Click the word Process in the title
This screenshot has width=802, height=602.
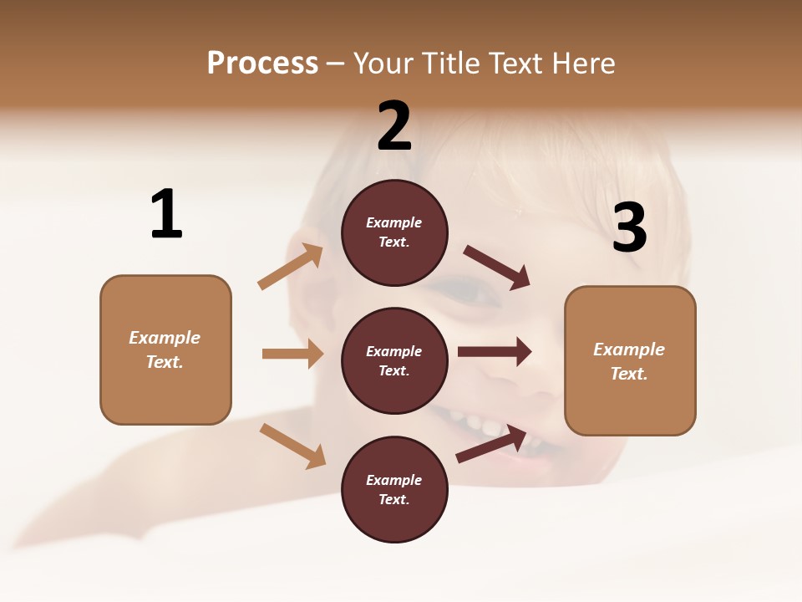click(x=262, y=63)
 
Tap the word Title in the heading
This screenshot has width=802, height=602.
click(x=449, y=63)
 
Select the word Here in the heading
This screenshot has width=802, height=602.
click(x=582, y=63)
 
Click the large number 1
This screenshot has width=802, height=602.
click(x=166, y=214)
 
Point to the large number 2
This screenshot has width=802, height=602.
click(x=394, y=126)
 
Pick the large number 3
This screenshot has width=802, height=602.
click(x=629, y=227)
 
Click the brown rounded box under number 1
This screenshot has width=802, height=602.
click(x=165, y=349)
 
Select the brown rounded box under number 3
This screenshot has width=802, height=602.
click(x=630, y=360)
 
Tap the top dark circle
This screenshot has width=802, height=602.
click(x=394, y=232)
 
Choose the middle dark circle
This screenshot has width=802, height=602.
click(x=394, y=360)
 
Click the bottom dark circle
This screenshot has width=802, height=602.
click(x=394, y=489)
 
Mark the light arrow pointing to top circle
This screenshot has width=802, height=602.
click(x=291, y=267)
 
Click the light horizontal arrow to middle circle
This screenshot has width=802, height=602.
click(x=292, y=354)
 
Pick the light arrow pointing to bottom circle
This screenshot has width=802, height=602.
click(x=292, y=446)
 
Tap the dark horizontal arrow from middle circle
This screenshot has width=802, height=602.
click(x=495, y=352)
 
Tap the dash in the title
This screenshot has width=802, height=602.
click(x=336, y=64)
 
